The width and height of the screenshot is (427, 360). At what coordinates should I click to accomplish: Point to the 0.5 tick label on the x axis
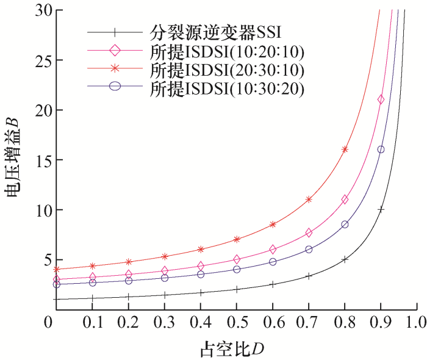tap(237, 322)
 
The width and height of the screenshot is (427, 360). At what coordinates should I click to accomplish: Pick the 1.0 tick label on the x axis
tap(417, 322)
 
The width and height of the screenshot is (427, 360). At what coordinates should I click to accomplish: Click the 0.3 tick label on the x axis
tap(165, 322)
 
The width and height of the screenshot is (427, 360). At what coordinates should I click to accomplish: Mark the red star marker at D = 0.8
tap(345, 149)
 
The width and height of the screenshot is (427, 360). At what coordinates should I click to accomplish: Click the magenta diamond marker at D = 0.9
tap(381, 99)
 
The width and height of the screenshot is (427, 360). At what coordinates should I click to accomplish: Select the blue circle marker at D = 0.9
tap(381, 149)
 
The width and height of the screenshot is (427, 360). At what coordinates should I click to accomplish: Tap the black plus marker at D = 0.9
tap(381, 209)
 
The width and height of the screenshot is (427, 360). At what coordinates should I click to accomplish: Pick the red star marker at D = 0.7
tap(309, 199)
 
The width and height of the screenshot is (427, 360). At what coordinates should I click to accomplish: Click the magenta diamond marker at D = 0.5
tap(237, 259)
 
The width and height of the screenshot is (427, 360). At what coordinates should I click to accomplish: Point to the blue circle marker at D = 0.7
tap(309, 249)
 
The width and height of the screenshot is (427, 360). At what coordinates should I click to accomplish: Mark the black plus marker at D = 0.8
tap(345, 259)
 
